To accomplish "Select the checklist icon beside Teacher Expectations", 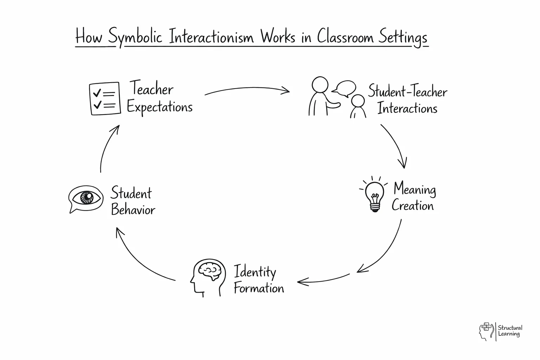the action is coord(104,99).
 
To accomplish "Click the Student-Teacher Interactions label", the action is coord(407,100).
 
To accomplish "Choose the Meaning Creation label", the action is coord(413,197).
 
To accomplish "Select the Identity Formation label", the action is coord(258,280).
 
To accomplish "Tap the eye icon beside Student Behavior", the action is coord(86,198).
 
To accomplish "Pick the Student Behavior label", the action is coord(133,201).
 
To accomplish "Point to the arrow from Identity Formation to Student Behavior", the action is coord(141,258).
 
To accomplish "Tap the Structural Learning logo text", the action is coord(510,331).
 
